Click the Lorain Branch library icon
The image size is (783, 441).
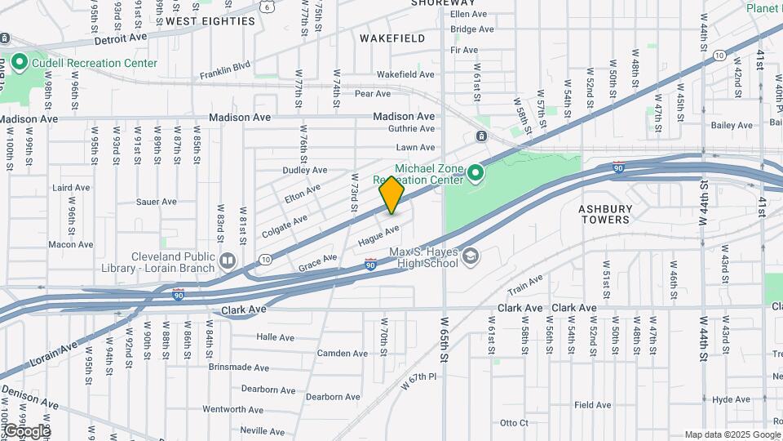click(227, 261)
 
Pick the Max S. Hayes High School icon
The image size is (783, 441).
click(470, 256)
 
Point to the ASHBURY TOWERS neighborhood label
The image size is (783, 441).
click(605, 214)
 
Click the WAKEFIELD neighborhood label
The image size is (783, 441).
click(391, 38)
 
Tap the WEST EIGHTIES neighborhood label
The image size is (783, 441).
click(210, 21)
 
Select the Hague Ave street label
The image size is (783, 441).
click(378, 236)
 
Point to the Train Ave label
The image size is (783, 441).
click(525, 285)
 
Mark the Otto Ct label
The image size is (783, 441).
click(514, 422)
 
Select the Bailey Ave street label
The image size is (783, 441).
click(732, 125)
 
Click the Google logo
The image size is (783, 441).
click(26, 430)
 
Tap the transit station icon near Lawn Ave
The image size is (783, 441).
click(482, 136)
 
